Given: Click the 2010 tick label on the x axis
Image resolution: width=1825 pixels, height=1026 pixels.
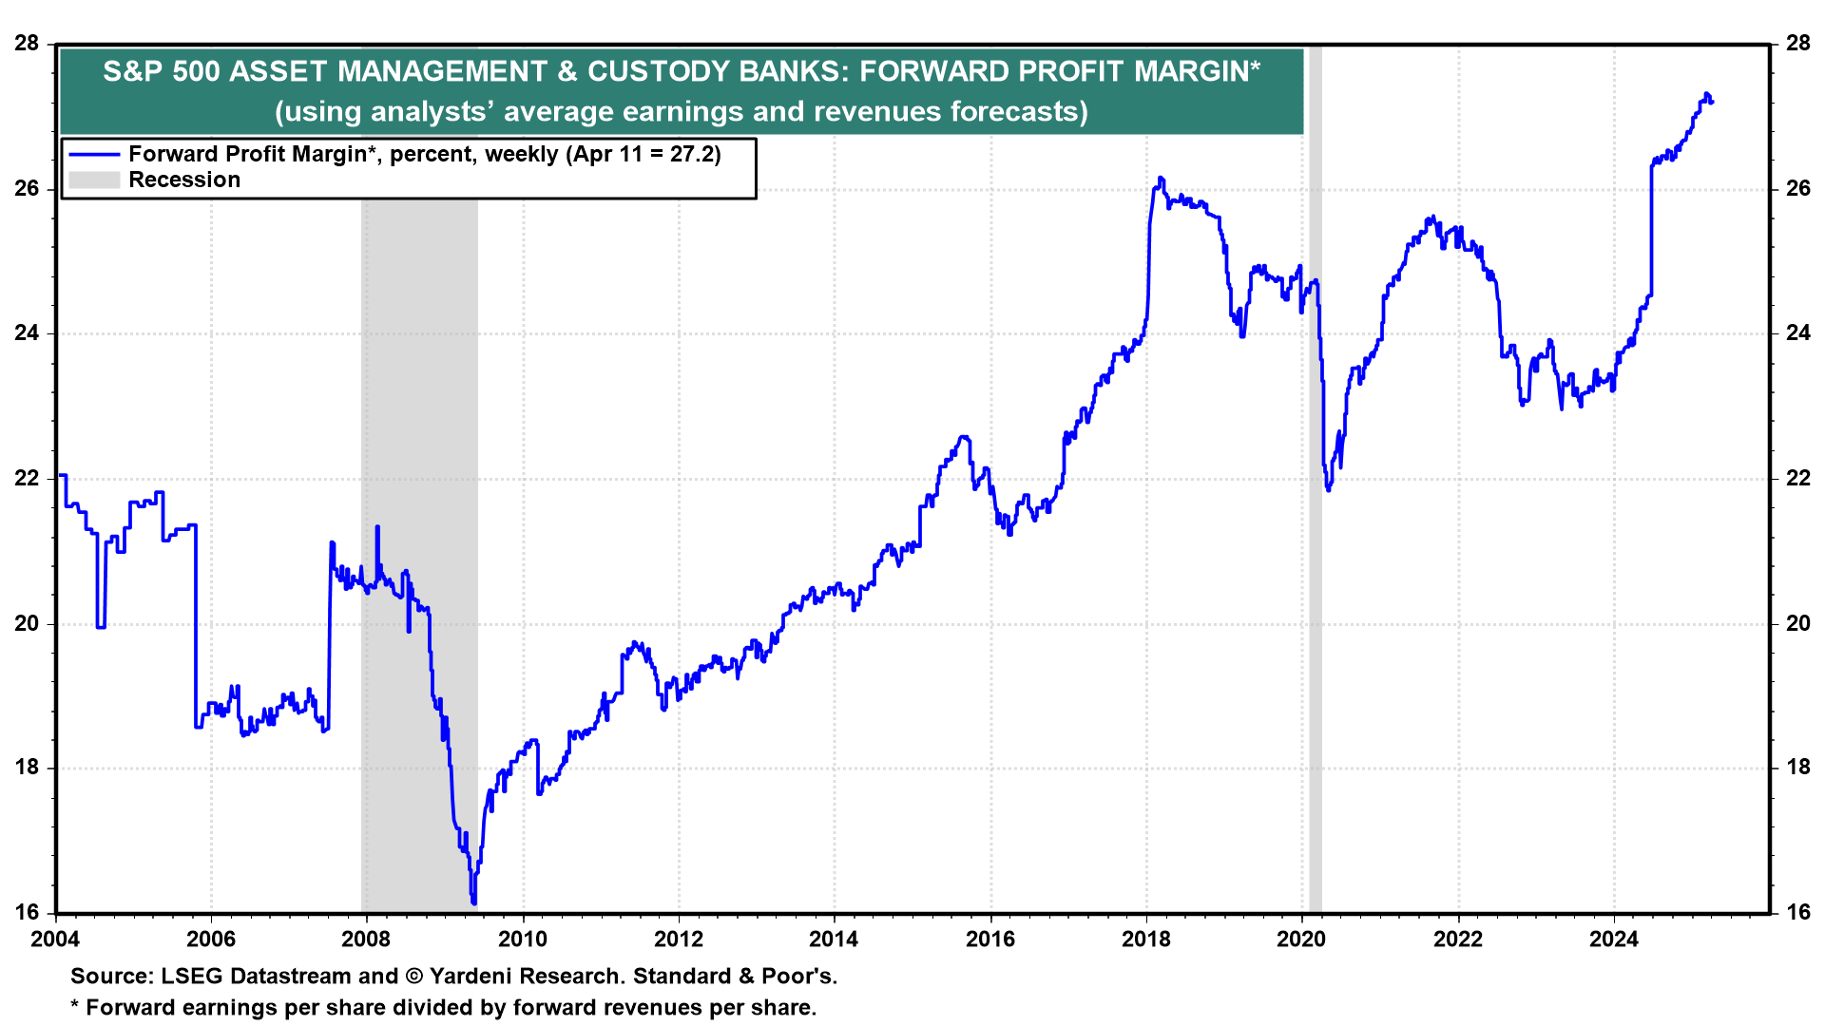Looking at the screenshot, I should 523,940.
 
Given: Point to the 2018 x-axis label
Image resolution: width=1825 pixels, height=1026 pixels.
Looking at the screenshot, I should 1146,940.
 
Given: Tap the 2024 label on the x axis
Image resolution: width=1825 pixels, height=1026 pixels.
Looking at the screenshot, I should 1614,940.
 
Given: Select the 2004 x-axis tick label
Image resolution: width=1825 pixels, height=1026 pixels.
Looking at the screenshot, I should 55,940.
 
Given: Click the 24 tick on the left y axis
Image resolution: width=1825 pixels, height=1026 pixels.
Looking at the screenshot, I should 28,333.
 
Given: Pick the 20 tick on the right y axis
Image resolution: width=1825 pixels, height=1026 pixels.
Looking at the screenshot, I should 1797,623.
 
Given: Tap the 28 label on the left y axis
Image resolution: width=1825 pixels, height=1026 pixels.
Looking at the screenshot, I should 28,44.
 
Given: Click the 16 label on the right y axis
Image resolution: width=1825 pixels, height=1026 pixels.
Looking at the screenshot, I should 1797,913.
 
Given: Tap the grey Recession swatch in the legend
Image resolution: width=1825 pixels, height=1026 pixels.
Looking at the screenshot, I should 94,180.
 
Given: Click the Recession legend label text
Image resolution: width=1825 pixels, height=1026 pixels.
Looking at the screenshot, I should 184,180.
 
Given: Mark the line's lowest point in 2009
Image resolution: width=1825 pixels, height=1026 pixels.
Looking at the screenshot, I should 473,902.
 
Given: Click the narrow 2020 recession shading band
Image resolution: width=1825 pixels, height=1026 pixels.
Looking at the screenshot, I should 1316,570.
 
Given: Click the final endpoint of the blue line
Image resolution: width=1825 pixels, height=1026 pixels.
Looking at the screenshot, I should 1712,103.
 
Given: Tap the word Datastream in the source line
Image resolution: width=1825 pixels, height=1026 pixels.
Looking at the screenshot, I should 292,977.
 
